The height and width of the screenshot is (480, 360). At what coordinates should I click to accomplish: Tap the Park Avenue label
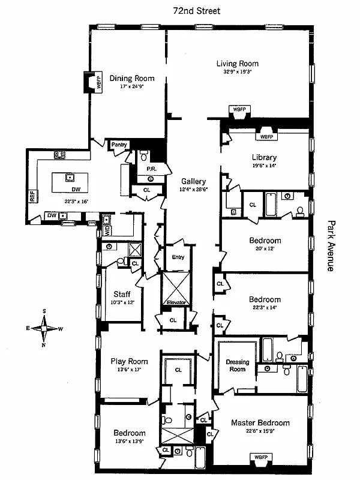pyautogui.click(x=329, y=245)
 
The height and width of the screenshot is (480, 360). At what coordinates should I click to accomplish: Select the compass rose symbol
pyautogui.click(x=44, y=328)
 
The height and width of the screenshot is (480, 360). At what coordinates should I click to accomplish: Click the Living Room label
pyautogui.click(x=238, y=64)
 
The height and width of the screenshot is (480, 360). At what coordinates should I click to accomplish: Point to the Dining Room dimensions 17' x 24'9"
pyautogui.click(x=131, y=86)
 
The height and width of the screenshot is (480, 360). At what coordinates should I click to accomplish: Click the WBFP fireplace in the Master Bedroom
pyautogui.click(x=261, y=457)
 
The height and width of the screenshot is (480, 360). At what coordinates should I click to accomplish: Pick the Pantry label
pyautogui.click(x=117, y=145)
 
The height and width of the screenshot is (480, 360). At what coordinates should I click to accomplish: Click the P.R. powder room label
pyautogui.click(x=152, y=170)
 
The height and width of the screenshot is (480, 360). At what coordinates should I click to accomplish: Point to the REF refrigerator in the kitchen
pyautogui.click(x=32, y=196)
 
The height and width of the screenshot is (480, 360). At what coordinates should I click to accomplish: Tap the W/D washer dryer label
pyautogui.click(x=107, y=230)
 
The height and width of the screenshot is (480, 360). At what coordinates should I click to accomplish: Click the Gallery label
pyautogui.click(x=195, y=181)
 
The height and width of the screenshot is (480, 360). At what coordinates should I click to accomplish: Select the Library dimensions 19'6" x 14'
pyautogui.click(x=264, y=166)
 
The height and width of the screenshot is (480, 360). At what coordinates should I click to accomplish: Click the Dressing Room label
pyautogui.click(x=238, y=365)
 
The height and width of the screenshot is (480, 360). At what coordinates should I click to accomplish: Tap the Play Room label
pyautogui.click(x=129, y=361)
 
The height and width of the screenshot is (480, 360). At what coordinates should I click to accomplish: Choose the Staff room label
pyautogui.click(x=122, y=294)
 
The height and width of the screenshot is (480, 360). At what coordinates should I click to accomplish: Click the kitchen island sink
pyautogui.click(x=70, y=177)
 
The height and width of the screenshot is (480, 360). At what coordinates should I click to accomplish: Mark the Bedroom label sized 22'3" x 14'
pyautogui.click(x=265, y=299)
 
